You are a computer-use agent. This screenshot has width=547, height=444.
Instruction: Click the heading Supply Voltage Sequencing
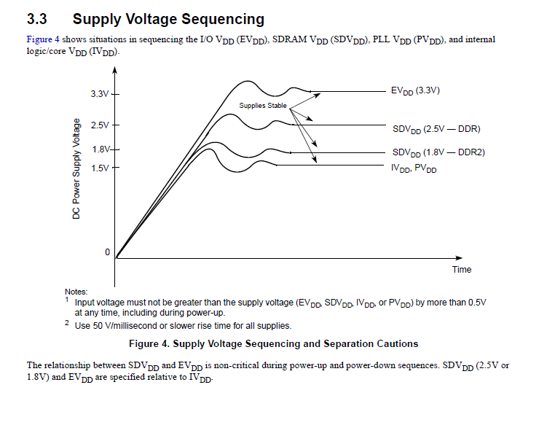click(x=168, y=19)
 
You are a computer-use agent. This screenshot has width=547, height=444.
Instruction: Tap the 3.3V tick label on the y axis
click(x=99, y=94)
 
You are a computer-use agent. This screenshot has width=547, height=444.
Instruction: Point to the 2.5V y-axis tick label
click(x=99, y=125)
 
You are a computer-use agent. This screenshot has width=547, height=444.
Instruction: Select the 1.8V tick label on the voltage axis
click(x=100, y=149)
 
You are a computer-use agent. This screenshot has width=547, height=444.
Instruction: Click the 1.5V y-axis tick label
click(x=99, y=168)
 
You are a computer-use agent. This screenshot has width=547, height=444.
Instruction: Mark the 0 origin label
click(x=107, y=252)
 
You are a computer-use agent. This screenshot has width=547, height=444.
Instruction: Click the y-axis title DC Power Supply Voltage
click(x=76, y=171)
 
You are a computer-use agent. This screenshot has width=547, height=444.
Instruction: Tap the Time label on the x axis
click(x=462, y=270)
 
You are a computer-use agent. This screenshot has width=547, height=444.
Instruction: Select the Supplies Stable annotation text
click(x=263, y=106)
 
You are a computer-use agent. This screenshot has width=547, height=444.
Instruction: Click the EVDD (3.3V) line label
click(x=415, y=91)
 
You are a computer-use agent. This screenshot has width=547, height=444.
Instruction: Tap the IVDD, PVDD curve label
click(x=414, y=168)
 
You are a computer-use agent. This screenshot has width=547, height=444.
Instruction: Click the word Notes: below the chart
click(x=76, y=292)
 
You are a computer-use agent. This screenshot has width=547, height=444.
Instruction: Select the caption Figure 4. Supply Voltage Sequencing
click(x=273, y=343)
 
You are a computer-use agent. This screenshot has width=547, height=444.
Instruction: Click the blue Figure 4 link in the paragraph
click(x=43, y=39)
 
